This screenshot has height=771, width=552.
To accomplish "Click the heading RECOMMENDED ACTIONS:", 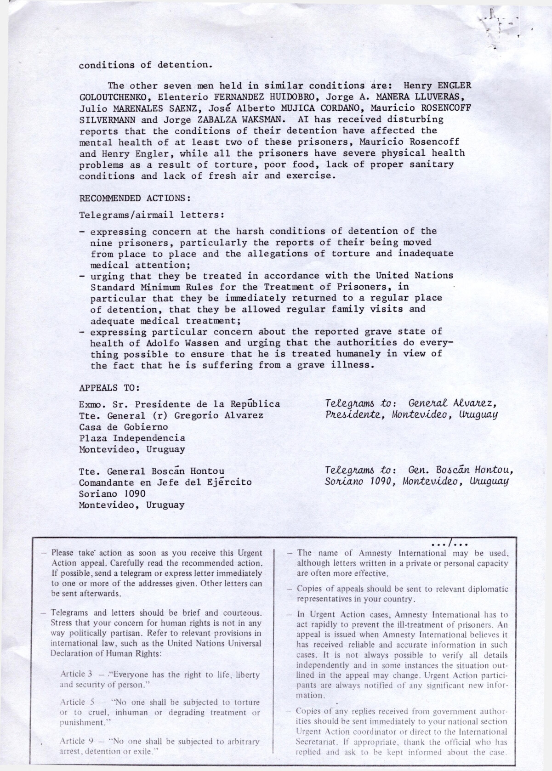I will pos(135,198).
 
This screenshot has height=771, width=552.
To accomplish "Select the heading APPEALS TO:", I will pos(109,388).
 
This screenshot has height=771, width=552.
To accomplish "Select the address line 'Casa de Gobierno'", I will pos(124,427).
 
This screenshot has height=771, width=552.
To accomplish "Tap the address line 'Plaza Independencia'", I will pos(132,438).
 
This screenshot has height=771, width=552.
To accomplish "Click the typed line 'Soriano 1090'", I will pos(113,493).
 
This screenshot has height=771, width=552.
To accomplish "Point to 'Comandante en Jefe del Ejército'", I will pos(165,482).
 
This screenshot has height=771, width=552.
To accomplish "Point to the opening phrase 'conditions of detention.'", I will pos(146,65).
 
